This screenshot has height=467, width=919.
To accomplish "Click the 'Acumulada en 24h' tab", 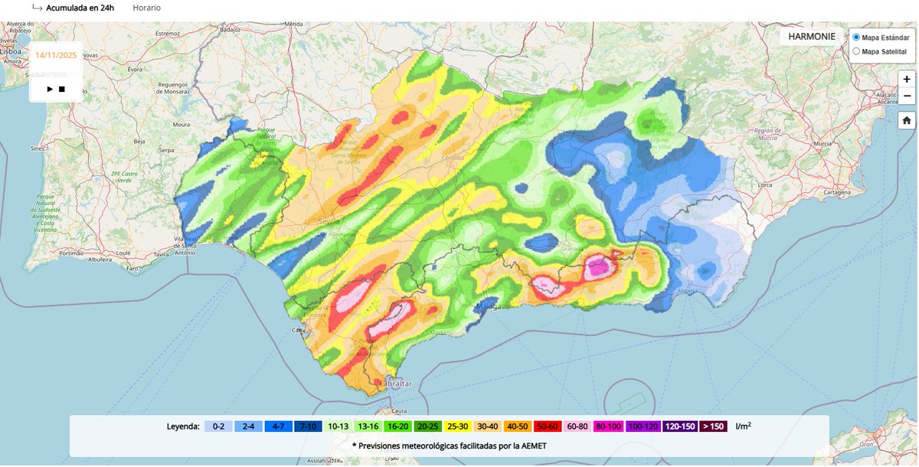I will coord(79,8).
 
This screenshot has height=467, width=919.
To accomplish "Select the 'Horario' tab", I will coord(146,8).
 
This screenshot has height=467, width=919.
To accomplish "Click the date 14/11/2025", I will coord(56,54).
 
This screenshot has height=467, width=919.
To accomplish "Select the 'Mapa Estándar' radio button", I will coord(856,37).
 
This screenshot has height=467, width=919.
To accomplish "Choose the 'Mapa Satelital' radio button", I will coord(856,51).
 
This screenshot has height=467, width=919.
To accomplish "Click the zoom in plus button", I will coord(907,79).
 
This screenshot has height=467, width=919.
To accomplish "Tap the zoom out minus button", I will coord(907,96).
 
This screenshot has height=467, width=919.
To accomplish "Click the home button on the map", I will coord(907,120).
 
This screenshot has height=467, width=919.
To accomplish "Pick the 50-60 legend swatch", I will coord(547,426).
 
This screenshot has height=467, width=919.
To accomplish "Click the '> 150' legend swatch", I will coord(711,426).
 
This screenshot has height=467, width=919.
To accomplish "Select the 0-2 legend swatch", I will coord(218,426).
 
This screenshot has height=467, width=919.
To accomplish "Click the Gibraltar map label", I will coord(395,383).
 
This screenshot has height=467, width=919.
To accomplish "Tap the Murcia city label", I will coord(823,143).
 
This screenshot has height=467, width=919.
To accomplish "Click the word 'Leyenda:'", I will coord(184,426).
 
